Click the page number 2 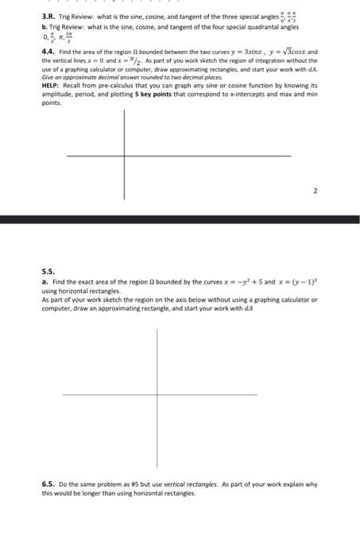315,191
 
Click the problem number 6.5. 49,484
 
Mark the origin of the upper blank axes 124,155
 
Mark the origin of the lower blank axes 157,393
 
